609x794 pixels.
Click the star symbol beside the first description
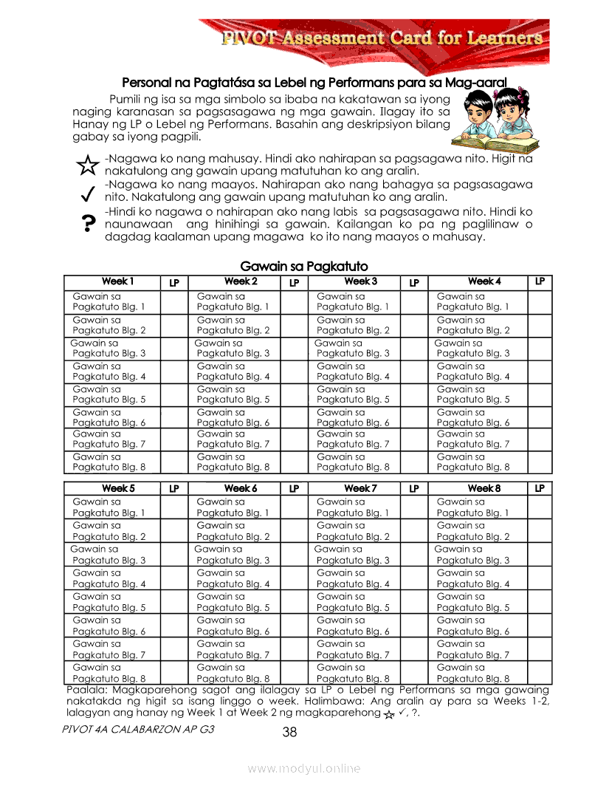(87, 165)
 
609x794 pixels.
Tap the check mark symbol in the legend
(87, 194)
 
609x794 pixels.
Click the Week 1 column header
(117, 281)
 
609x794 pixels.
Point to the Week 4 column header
(484, 281)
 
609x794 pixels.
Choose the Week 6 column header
(241, 488)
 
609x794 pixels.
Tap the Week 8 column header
(484, 488)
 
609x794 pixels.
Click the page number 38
(289, 732)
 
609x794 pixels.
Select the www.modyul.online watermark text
(304, 768)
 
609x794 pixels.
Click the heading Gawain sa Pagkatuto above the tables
(304, 266)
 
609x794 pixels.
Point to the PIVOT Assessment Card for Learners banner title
(382, 38)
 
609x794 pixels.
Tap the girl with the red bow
(510, 111)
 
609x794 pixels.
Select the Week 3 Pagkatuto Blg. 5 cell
(352, 394)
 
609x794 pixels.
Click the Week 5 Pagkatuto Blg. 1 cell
(109, 507)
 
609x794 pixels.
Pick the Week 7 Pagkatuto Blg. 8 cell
(352, 672)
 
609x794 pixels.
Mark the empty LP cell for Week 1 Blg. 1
(174, 301)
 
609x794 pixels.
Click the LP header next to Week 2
(294, 282)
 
